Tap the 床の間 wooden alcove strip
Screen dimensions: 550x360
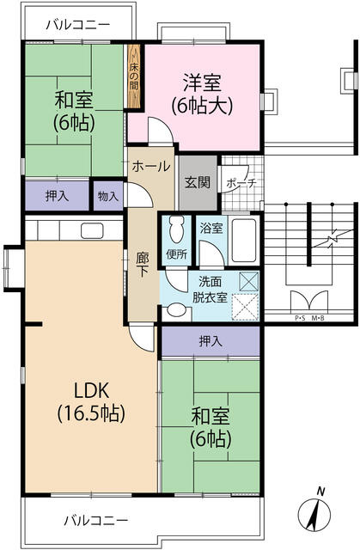134,78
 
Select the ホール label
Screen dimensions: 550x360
151,166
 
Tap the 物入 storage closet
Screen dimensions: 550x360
108,196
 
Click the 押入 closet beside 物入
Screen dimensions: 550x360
57,196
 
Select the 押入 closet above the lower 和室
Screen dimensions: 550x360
211,341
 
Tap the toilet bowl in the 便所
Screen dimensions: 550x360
176,230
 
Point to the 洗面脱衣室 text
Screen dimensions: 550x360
210,290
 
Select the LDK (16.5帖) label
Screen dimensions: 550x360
90,401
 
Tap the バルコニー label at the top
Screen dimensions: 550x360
77,24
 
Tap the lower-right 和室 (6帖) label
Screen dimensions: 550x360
210,428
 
